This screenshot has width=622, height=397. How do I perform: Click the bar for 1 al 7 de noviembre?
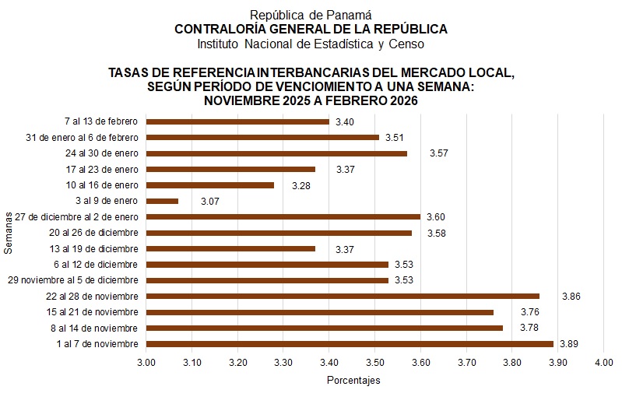point(350,343)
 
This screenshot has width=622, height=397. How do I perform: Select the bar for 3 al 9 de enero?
point(162,201)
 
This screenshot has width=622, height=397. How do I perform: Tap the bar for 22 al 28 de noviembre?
point(343,296)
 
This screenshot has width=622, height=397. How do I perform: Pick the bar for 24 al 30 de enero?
point(276,153)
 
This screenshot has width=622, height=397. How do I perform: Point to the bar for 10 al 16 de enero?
point(210,185)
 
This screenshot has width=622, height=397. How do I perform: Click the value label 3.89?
point(569,343)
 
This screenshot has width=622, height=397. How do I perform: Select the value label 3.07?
point(211,202)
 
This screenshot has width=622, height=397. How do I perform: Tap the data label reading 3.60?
point(436,217)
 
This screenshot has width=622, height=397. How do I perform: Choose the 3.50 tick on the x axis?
point(374,362)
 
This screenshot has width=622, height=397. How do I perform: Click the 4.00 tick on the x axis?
point(603,362)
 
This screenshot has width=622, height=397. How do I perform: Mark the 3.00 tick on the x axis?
point(146,362)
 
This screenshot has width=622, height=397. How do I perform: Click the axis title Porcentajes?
point(353,381)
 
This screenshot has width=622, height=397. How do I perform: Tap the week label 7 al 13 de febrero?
point(100,121)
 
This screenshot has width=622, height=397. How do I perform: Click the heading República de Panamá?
point(311,15)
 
